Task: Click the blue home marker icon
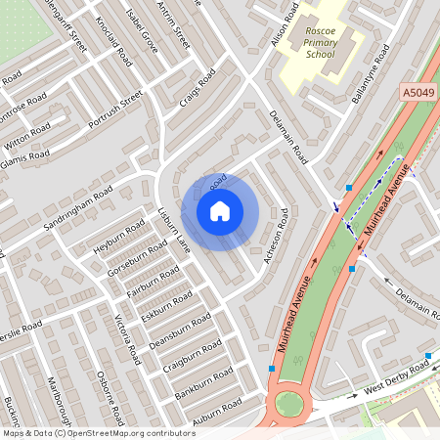tap(220, 210)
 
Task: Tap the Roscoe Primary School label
tap(320, 43)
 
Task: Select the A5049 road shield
tap(418, 91)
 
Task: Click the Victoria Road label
tap(123, 336)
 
